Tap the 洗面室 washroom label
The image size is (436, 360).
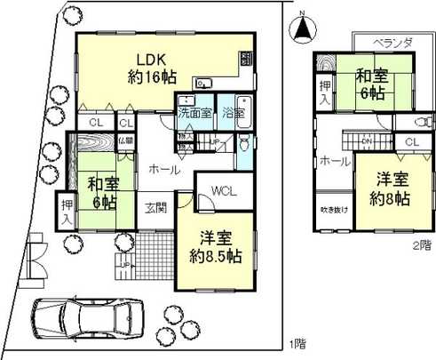coord(194,113)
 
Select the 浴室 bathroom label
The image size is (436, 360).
coord(235,113)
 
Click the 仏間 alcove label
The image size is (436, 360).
coord(125,140)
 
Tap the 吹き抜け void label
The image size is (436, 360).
coord(335,210)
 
